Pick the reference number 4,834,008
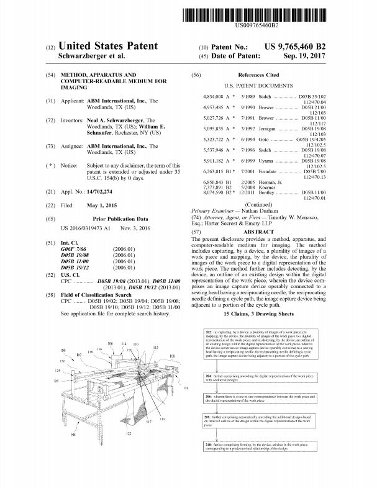tap(216, 97)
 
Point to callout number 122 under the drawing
tap(129, 450)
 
